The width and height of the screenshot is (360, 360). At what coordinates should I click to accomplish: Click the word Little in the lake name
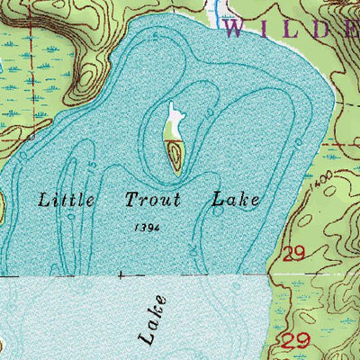(67, 200)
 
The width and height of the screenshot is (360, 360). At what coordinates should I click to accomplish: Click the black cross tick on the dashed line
(121, 273)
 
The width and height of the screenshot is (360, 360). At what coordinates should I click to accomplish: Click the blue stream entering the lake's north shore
(219, 11)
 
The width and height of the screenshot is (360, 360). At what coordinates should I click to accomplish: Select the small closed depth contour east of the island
(208, 112)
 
